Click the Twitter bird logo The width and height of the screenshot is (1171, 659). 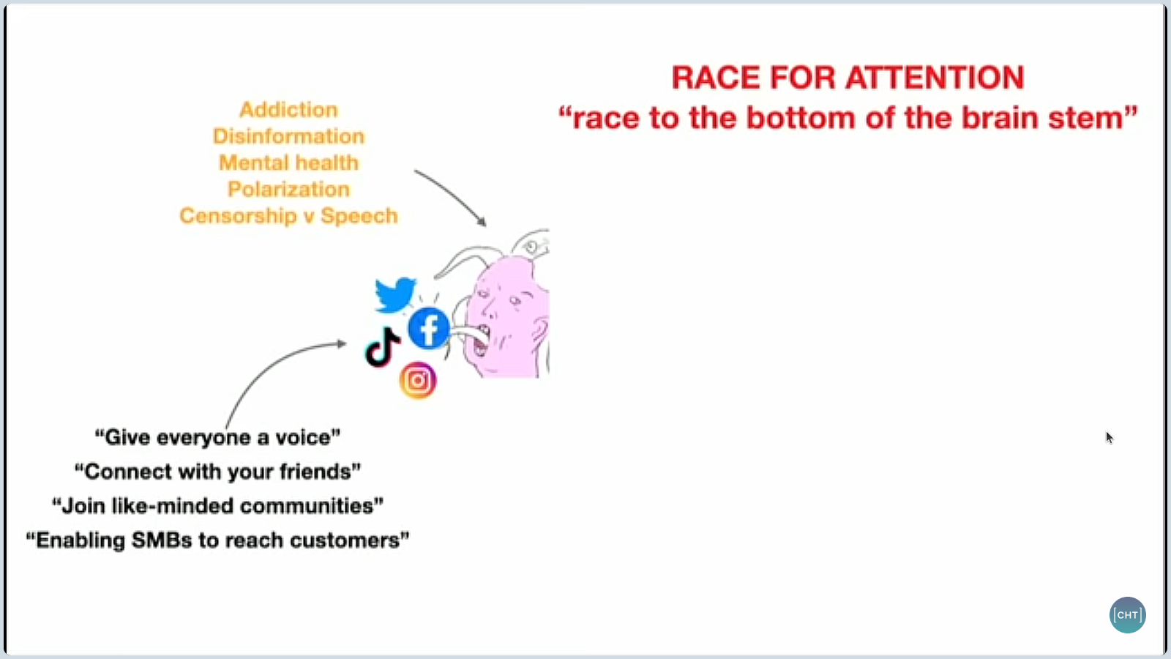[395, 294]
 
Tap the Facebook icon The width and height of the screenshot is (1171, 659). [429, 329]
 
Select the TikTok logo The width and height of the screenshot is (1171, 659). [382, 347]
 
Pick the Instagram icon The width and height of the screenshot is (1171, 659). [418, 380]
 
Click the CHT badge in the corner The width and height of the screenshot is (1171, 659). [1128, 614]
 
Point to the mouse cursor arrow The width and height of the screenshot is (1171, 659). [1110, 438]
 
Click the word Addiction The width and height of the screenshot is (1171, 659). [288, 110]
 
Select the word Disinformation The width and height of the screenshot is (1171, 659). [288, 136]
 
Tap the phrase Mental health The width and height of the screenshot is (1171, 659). [288, 163]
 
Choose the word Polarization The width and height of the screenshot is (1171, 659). [288, 190]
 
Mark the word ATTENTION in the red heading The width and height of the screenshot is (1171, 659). [935, 78]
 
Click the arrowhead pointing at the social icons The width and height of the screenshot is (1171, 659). [341, 343]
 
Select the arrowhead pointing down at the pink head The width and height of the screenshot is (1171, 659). [482, 222]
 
